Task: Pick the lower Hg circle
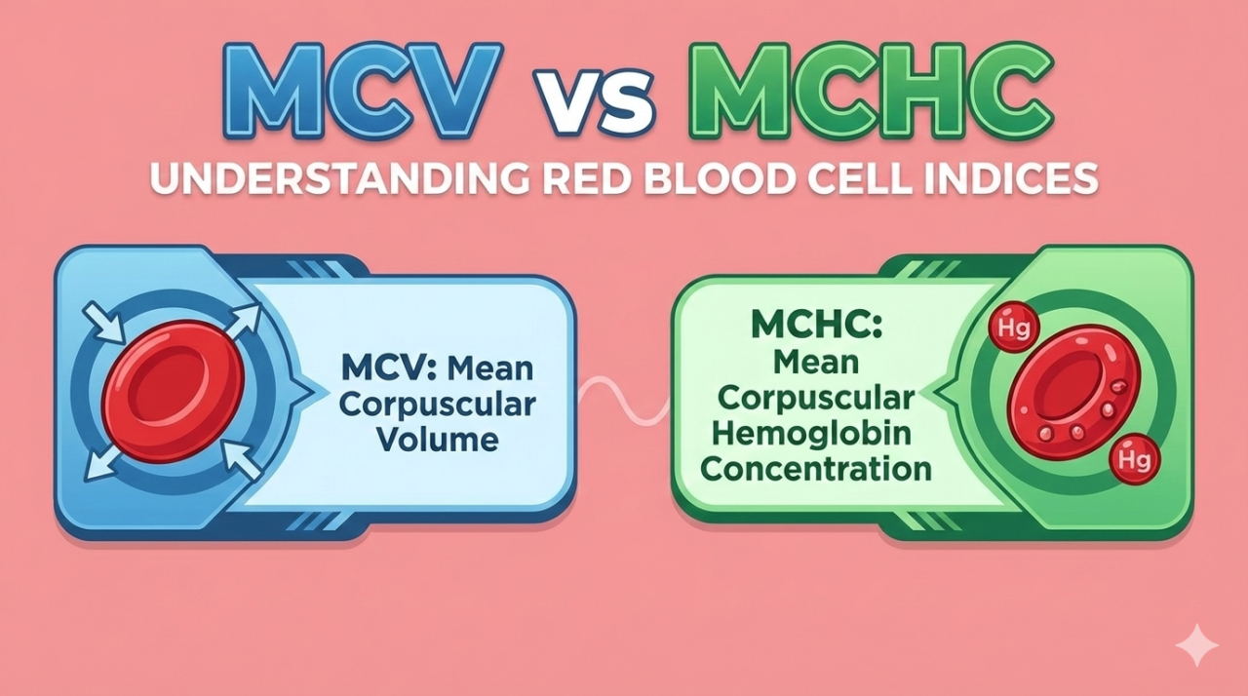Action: (1134, 459)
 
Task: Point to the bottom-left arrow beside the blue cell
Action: (101, 463)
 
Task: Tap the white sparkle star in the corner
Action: (1195, 646)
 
